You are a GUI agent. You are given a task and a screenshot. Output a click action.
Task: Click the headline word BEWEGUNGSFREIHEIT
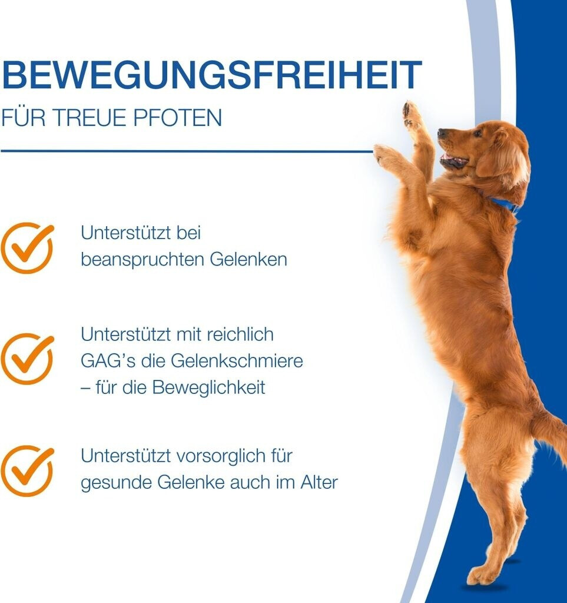211,75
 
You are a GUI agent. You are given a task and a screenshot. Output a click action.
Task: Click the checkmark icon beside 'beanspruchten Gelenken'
27,248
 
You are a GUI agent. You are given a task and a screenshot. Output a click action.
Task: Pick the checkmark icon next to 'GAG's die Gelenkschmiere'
27,359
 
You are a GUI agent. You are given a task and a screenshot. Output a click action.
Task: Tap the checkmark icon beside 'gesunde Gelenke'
27,471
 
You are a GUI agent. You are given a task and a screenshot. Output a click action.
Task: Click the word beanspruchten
142,260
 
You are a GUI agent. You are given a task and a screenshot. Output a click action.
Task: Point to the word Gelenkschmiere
237,361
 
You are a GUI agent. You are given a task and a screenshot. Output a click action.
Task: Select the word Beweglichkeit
209,387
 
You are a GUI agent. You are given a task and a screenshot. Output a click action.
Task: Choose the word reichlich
240,334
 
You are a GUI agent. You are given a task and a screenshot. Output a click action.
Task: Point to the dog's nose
442,133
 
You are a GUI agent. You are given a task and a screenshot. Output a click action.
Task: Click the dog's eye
478,134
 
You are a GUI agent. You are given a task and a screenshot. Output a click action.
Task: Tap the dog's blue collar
503,204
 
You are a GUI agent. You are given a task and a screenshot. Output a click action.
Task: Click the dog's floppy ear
503,158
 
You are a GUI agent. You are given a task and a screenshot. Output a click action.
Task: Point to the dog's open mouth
453,160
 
